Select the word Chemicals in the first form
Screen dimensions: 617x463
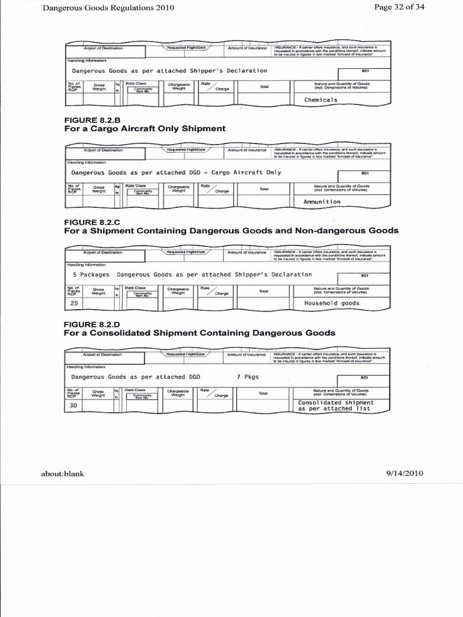[321, 100]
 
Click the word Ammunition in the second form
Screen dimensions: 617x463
[323, 202]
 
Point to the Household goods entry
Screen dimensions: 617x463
[332, 303]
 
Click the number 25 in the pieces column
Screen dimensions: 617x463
[75, 303]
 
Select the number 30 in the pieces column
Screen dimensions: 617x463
[74, 406]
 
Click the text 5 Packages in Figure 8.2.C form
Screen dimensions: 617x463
[90, 274]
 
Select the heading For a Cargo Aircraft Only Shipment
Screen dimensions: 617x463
[145, 128]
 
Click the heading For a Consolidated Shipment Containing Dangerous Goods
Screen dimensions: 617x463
[200, 333]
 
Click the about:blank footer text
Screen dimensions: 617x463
[62, 474]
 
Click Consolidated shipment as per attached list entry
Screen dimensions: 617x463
[336, 406]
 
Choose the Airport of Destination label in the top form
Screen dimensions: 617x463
[103, 48]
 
